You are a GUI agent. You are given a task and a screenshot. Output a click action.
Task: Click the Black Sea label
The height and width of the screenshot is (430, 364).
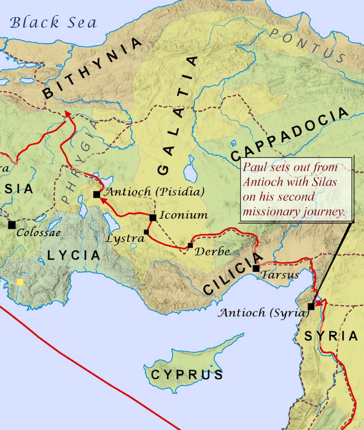(x=53, y=23)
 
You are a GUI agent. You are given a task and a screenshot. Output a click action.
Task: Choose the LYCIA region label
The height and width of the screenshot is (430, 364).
(x=74, y=255)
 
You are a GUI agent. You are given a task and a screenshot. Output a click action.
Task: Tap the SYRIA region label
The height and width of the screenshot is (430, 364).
(x=331, y=336)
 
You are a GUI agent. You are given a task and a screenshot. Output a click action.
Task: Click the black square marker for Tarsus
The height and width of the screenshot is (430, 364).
(x=256, y=268)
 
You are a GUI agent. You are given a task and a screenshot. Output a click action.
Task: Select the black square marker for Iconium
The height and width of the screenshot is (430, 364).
(x=153, y=217)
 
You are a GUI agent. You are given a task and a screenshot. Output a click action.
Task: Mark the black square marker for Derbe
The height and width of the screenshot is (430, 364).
(x=190, y=245)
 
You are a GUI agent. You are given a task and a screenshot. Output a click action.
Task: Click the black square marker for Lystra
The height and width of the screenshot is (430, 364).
(x=146, y=232)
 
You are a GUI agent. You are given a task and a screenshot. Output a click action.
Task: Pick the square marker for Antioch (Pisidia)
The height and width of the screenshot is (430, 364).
(x=96, y=195)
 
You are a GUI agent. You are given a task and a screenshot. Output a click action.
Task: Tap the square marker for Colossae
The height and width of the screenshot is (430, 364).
(x=12, y=225)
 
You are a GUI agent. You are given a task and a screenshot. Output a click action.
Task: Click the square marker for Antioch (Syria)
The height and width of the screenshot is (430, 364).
(x=311, y=306)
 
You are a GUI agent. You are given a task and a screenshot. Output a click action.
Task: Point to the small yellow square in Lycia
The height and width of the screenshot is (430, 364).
(x=20, y=282)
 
